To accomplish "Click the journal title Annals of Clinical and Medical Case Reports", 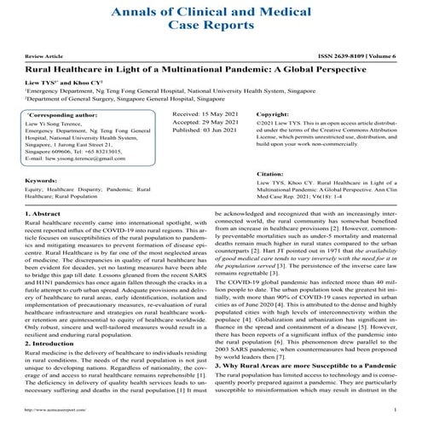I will click(x=211, y=20).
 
